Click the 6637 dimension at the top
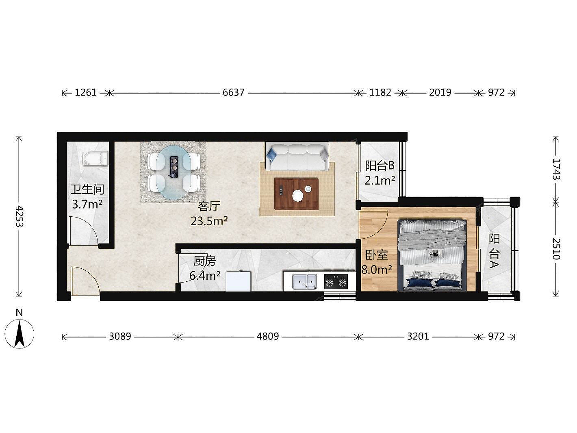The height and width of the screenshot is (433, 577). [x=233, y=93]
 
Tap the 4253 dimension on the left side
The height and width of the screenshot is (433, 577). [x=19, y=216]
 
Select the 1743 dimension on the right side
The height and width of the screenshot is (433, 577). [x=556, y=169]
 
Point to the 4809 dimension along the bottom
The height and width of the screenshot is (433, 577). [x=268, y=336]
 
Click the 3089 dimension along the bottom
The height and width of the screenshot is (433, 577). [x=120, y=336]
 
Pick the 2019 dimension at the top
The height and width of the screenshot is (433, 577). [x=440, y=93]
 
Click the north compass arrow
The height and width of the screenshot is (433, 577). [x=19, y=334]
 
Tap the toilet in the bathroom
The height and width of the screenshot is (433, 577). [x=95, y=159]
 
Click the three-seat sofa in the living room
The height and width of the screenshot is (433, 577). [x=297, y=157]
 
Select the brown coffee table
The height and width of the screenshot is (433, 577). [x=296, y=194]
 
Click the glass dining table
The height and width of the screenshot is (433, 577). [x=174, y=172]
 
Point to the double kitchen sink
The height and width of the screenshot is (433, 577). [x=304, y=282]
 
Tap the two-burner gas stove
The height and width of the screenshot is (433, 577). [x=336, y=282]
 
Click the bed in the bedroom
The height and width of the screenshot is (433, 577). [x=432, y=255]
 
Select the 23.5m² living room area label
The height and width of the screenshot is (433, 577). [x=209, y=221]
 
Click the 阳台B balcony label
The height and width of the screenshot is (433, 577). [x=380, y=165]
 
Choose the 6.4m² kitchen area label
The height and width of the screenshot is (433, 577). [x=205, y=276]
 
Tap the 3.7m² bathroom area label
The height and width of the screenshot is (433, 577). [x=87, y=204]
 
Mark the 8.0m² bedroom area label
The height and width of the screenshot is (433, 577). [x=377, y=270]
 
